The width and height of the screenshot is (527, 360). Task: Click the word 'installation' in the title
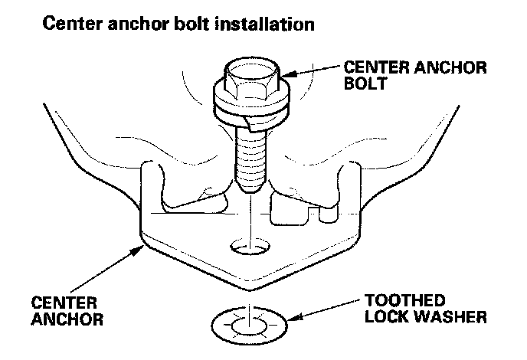265,25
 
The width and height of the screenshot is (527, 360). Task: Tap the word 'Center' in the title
72,25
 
